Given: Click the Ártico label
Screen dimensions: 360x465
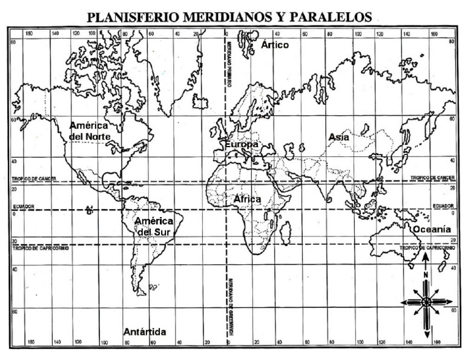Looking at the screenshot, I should tap(275, 45).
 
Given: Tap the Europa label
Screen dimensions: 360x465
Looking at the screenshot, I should tap(242, 145).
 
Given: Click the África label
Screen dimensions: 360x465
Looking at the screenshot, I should tap(247, 199).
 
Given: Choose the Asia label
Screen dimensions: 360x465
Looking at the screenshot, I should tap(338, 138).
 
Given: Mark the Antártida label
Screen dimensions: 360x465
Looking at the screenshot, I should tap(144, 332).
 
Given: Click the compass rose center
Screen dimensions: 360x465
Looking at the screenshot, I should tap(426, 301).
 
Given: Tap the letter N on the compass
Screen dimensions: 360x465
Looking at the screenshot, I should tap(426, 275).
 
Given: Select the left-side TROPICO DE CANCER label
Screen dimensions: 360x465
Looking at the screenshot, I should tap(36, 179).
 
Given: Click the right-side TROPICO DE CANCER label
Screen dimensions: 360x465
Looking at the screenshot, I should tap(432, 178).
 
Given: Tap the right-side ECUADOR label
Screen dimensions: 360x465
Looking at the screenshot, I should tap(443, 206).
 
